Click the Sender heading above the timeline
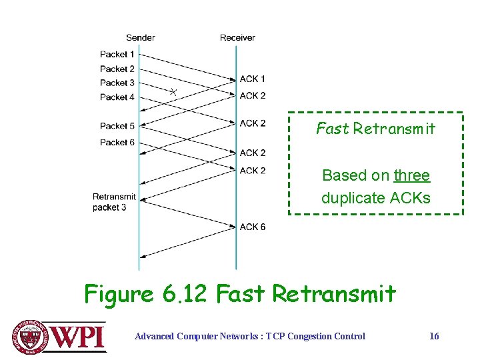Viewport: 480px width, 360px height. (140, 38)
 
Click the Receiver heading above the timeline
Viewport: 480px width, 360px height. (237, 38)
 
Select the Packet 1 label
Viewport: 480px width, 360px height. (117, 54)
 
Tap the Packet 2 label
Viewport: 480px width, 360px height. (117, 69)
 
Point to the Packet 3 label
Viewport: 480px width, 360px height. (117, 83)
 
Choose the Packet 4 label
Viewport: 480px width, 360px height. (117, 97)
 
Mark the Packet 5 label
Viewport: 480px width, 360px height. (117, 125)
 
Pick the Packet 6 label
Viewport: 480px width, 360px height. (117, 142)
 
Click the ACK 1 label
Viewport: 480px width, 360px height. (253, 79)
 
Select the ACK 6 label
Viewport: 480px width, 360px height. (253, 227)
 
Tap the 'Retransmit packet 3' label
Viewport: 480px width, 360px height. (114, 202)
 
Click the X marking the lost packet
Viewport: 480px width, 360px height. (173, 91)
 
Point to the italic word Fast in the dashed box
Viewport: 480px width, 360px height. (331, 128)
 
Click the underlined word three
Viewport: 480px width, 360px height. (411, 175)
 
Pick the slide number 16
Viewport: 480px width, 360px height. (434, 336)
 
